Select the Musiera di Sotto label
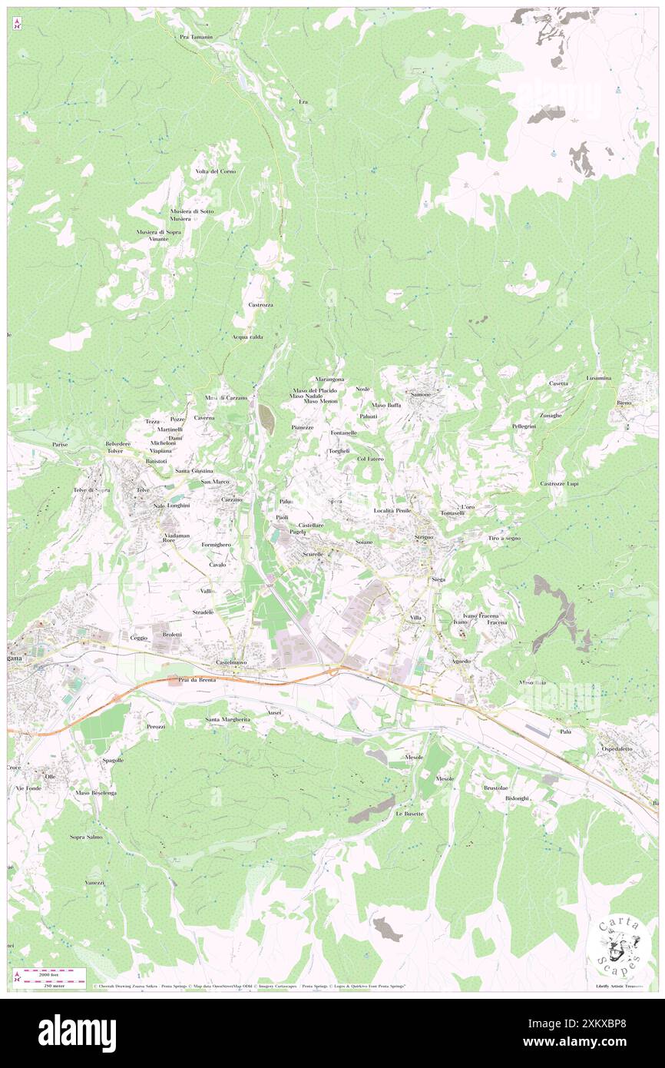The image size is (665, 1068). point(192,211)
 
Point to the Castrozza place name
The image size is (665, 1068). point(261,305)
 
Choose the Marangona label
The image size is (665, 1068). point(330,380)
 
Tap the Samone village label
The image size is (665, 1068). point(421,394)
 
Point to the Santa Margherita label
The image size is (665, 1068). point(227,719)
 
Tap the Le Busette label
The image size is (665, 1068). point(409,813)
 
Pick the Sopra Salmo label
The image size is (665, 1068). point(86,837)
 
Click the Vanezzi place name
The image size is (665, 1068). point(95,883)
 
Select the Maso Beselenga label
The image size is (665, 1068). point(95,792)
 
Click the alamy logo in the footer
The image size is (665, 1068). point(77,1033)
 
